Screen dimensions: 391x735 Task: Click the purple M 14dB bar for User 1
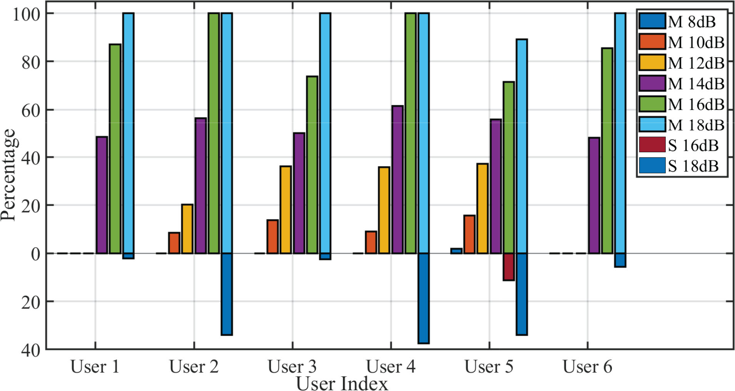click(102, 195)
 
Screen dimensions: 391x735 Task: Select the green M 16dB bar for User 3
click(312, 165)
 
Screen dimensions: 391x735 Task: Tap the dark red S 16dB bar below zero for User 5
click(508, 266)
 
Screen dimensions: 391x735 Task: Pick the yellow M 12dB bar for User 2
click(187, 229)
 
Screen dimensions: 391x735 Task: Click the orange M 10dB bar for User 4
click(371, 242)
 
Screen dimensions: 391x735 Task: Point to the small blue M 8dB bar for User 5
click(456, 251)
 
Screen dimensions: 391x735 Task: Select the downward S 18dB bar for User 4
click(424, 298)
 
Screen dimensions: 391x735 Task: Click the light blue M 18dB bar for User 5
click(522, 146)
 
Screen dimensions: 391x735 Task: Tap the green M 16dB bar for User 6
click(607, 151)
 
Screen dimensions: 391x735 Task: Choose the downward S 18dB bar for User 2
click(227, 294)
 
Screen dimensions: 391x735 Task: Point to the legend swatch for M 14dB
click(652, 83)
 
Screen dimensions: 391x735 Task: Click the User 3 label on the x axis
click(292, 366)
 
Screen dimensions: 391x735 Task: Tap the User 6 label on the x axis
click(587, 366)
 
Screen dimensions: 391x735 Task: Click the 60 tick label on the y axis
click(31, 110)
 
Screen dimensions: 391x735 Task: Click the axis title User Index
click(342, 384)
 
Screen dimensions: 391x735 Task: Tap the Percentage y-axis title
click(8, 175)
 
